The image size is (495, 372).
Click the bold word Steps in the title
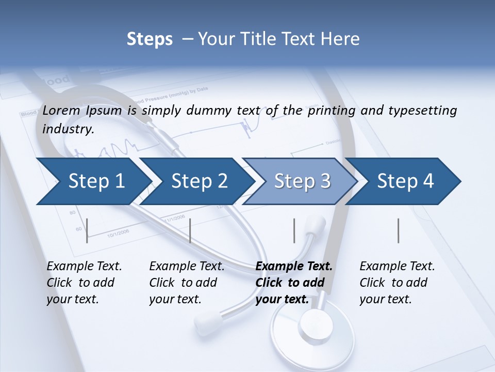click(x=150, y=39)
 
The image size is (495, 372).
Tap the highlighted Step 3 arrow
click(x=302, y=181)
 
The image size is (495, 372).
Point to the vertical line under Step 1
click(x=87, y=230)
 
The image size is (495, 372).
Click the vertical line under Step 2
click(x=190, y=230)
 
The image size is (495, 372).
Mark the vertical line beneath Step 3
click(x=294, y=230)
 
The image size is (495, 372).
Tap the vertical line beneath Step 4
click(x=399, y=230)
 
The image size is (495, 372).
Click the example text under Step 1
click(x=84, y=283)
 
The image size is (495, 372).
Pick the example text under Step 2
click(x=186, y=283)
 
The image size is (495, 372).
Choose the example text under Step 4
click(x=397, y=283)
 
